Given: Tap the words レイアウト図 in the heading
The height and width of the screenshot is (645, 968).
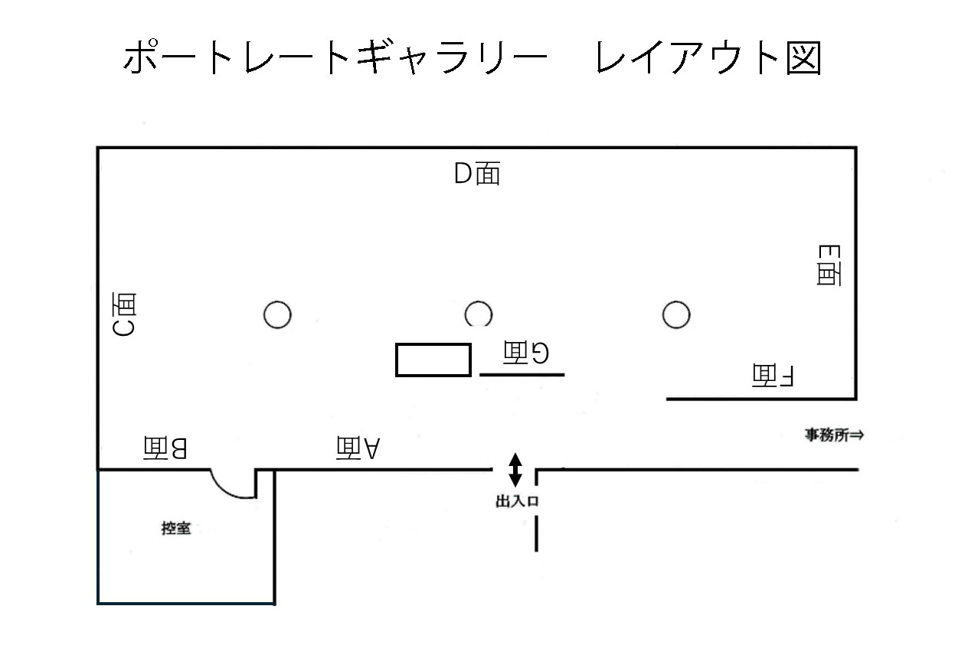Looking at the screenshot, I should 708,58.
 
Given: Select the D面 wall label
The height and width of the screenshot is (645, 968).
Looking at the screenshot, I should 477,174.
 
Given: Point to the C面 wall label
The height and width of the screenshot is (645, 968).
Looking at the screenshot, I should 125,314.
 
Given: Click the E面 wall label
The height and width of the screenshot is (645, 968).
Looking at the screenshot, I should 829,265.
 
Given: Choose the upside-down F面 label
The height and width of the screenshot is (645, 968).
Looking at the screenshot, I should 775,375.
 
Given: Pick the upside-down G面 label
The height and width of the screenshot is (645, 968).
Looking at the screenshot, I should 526,352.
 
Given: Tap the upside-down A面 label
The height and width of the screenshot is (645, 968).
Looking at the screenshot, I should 358,448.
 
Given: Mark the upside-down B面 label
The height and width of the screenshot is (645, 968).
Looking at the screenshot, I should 165,448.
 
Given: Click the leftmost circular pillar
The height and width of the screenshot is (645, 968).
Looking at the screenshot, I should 277,314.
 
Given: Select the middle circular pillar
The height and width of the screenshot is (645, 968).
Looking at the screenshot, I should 479,314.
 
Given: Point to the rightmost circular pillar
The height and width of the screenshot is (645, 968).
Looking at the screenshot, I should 676,314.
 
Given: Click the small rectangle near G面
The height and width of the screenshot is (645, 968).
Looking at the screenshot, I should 433,360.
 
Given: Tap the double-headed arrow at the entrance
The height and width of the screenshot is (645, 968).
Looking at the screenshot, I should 515,470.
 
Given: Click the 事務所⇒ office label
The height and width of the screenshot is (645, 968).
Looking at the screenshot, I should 834,435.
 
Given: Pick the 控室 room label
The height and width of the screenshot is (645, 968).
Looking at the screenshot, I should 176,527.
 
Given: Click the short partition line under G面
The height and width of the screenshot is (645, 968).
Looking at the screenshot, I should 522,374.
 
